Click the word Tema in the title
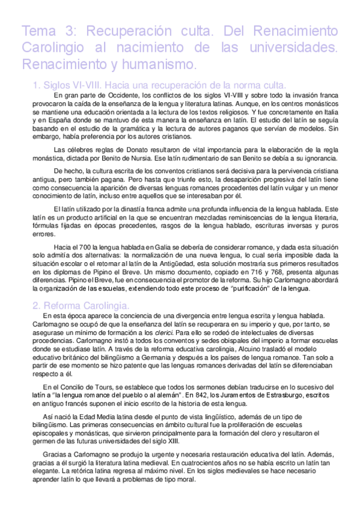[x=38, y=31]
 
